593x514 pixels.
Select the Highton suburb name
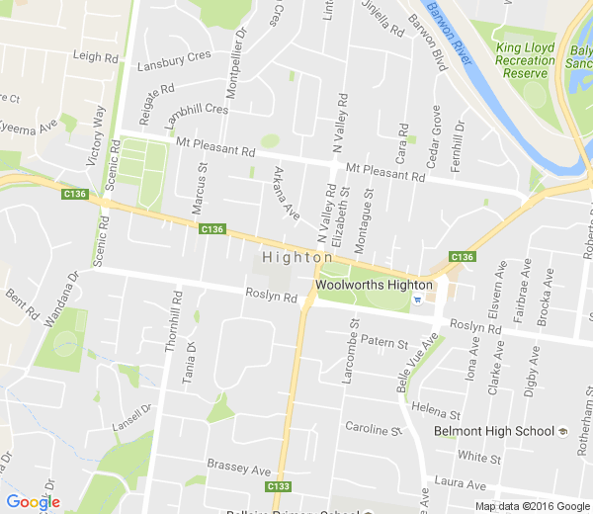click(297, 257)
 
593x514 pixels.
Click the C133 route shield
click(279, 486)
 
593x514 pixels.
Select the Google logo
click(33, 502)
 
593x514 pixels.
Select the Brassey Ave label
click(238, 466)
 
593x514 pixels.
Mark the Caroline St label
click(371, 428)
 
